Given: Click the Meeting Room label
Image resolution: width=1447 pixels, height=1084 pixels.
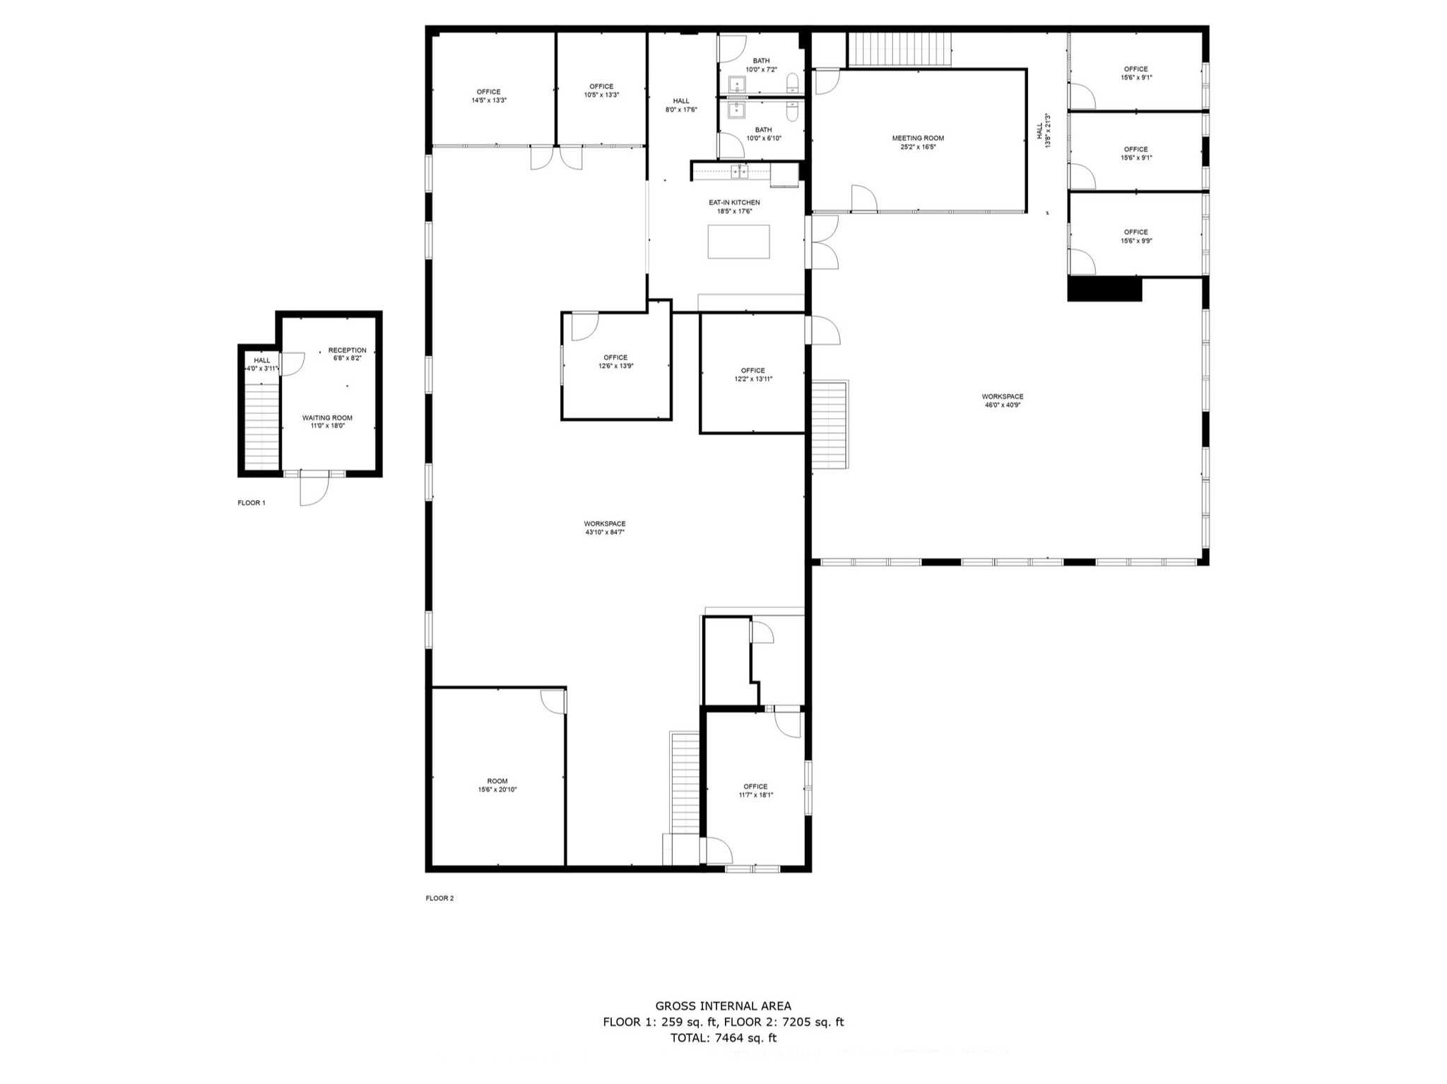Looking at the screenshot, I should point(918,138).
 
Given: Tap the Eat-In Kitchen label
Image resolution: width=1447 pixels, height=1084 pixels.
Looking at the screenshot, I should point(734,203).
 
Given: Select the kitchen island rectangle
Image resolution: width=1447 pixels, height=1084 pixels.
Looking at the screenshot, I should point(738,242).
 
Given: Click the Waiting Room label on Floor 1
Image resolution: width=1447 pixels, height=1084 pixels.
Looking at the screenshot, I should point(327,418).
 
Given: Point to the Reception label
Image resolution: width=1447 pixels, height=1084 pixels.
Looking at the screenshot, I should point(347,350).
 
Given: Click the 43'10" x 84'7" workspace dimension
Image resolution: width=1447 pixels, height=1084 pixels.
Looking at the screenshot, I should point(605,532).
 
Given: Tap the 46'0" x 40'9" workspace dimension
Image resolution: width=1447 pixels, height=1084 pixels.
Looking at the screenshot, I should point(1002,405).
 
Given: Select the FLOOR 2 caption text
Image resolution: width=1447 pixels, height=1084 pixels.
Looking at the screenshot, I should point(439,898).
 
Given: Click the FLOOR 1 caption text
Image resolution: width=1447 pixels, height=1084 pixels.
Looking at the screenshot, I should point(251,503).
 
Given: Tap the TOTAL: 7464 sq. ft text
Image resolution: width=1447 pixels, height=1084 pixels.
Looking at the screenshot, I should point(723,1037).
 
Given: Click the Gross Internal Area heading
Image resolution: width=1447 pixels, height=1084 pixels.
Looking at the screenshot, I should point(723,1006).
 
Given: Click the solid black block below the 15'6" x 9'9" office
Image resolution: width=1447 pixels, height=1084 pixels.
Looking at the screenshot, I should point(1104,290).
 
